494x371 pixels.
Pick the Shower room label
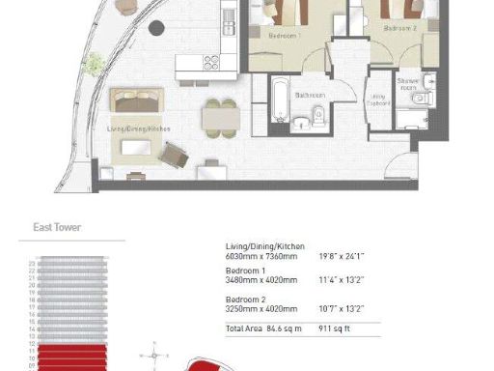point(406,85)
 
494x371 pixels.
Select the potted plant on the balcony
point(95,64)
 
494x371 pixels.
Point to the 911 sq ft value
point(333,329)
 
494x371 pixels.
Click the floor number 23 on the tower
point(32,263)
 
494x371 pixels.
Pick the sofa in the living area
point(135,99)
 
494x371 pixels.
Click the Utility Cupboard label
point(377,100)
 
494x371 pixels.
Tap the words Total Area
point(242,329)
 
